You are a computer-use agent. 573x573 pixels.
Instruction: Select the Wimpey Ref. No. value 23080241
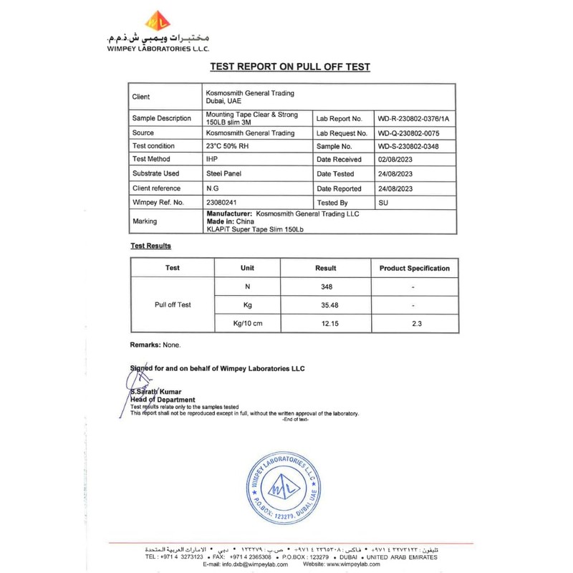pyautogui.click(x=223, y=203)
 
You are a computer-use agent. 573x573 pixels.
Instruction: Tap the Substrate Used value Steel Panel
pyautogui.click(x=226, y=174)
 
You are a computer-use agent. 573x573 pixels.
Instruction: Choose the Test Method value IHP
pyautogui.click(x=212, y=160)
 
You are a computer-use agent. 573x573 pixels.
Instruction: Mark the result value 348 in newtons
pyautogui.click(x=326, y=286)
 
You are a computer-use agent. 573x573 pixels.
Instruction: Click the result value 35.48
pyautogui.click(x=326, y=305)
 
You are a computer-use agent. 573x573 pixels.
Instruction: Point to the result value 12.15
pyautogui.click(x=326, y=324)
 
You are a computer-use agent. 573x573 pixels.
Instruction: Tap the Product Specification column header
pyautogui.click(x=414, y=268)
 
